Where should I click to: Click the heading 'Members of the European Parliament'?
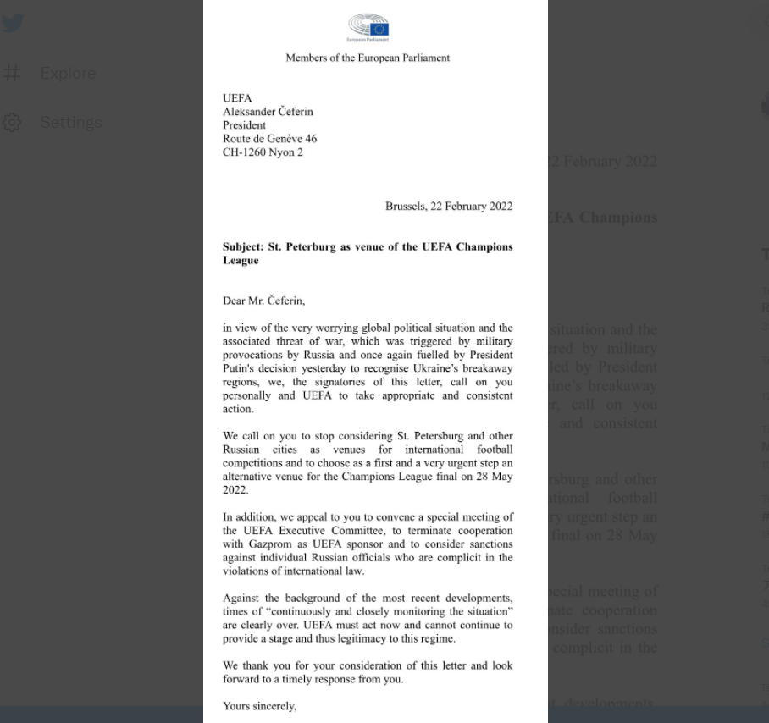[x=368, y=58]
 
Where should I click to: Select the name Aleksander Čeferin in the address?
[x=267, y=112]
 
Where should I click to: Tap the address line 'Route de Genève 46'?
[x=269, y=139]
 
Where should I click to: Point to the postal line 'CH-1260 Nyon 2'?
[x=263, y=152]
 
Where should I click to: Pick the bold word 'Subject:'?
[x=243, y=247]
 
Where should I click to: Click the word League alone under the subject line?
[x=241, y=261]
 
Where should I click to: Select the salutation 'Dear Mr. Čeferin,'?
[x=263, y=301]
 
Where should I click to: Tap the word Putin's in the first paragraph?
[x=241, y=368]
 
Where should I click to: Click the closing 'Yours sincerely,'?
[x=259, y=706]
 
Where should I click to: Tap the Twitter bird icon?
[x=13, y=24]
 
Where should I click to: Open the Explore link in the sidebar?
[x=68, y=74]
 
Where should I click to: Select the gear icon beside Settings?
[x=12, y=123]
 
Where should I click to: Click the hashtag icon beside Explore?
[x=12, y=74]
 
